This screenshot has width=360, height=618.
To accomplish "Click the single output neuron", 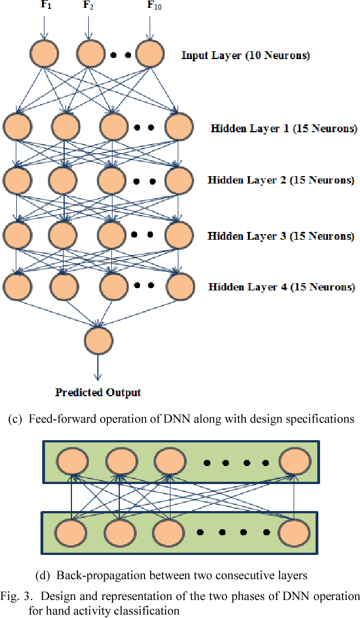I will pos(98,340).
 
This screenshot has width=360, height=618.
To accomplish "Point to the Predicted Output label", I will pos(98,392).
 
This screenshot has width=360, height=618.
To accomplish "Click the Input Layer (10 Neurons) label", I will pos(245,55).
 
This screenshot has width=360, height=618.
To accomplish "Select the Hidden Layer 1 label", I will pos(283,128).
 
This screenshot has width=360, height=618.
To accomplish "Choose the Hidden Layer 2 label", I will pos(281,180).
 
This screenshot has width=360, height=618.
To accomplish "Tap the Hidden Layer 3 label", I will pos(281,236).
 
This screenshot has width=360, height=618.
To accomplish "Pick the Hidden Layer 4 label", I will pos(281,287).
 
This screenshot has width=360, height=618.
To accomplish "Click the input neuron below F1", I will pos(44,54).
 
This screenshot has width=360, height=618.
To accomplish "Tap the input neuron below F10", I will pos(148,54).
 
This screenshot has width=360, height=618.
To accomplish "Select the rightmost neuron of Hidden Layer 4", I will pos(179,285).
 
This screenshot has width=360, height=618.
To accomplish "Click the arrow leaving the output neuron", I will pos(98,368).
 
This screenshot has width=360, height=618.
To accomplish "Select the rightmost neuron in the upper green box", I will pos(294,462).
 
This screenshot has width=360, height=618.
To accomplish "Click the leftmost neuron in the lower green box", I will pos(71,531).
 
